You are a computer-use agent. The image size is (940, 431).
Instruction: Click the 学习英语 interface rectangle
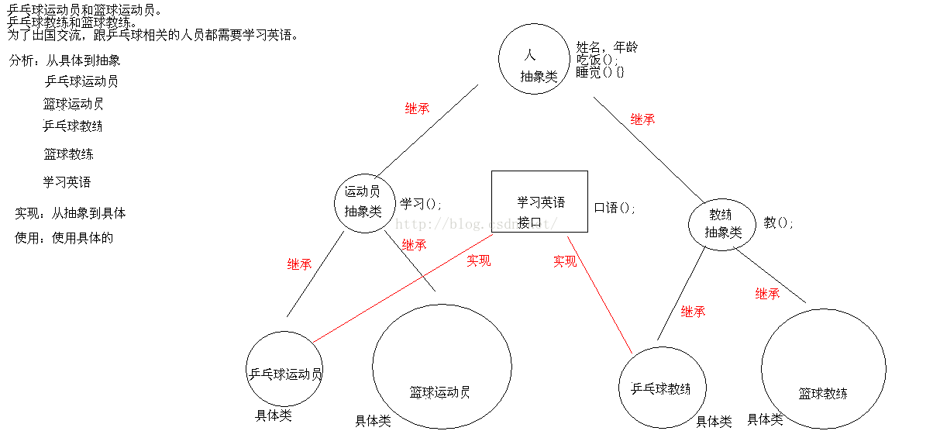[x=539, y=202]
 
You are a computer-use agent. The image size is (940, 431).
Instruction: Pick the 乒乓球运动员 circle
[x=284, y=369]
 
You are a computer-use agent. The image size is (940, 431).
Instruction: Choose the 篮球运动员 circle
[x=441, y=366]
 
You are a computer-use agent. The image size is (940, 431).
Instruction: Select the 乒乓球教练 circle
[x=662, y=387]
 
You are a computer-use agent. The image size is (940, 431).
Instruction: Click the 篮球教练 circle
[x=823, y=369]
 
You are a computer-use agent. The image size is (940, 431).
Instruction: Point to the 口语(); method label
[x=615, y=208]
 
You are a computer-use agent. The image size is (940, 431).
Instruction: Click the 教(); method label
[x=778, y=222]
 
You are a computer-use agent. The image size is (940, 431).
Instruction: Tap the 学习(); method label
[x=420, y=204]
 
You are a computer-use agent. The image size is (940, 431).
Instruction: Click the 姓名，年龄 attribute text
[x=607, y=47]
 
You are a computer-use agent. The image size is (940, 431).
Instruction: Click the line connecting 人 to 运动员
[x=426, y=132]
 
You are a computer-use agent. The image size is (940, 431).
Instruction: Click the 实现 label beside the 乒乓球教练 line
[x=564, y=261]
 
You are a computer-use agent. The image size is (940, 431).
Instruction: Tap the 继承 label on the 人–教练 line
[x=642, y=119]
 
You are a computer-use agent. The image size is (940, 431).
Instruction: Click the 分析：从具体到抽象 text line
[x=65, y=60]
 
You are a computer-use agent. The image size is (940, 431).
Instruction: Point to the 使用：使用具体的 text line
[x=64, y=238]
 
